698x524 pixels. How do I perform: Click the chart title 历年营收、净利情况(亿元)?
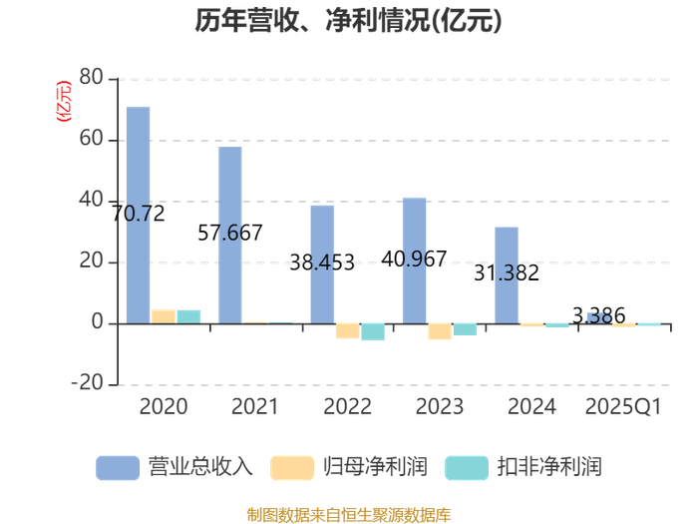coord(348,21)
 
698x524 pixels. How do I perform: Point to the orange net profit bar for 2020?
coord(163,316)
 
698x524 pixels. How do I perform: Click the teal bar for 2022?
coord(373,331)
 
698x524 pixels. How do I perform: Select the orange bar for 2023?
coord(440,331)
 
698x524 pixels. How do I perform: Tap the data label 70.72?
coord(138,213)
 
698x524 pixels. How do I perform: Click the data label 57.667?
coord(230,234)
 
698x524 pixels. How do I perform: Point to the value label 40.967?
coord(414,259)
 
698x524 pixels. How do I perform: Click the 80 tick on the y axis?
coord(91,78)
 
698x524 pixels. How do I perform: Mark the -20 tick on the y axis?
coord(87,384)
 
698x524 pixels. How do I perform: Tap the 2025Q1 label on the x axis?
coord(623,407)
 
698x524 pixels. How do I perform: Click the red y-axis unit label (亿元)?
coord(65,103)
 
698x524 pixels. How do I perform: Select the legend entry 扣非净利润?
coord(523,466)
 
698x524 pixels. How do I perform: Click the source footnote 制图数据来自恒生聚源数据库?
coord(348,515)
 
